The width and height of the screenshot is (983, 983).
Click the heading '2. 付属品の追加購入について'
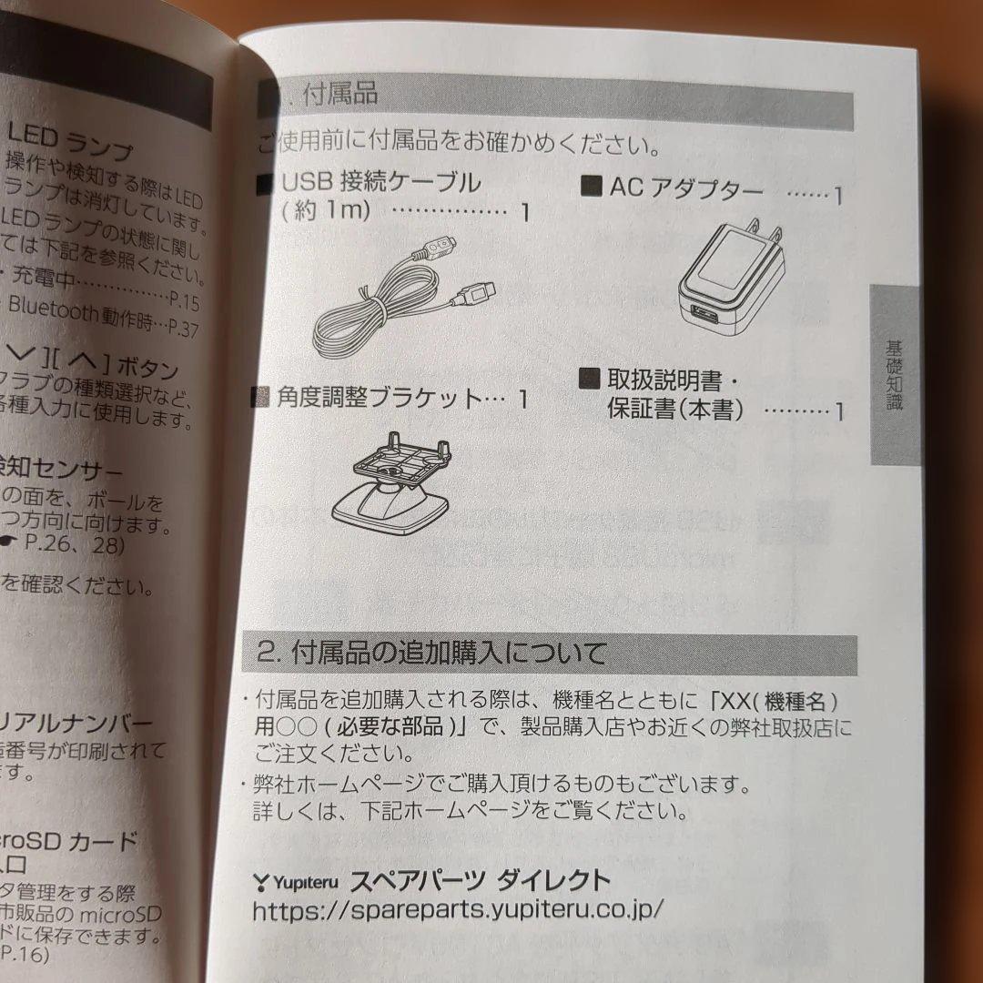431,654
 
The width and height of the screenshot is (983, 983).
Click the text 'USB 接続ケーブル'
381,183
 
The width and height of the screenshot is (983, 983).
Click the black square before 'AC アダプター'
592,188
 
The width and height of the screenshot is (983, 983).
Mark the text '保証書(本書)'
674,410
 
